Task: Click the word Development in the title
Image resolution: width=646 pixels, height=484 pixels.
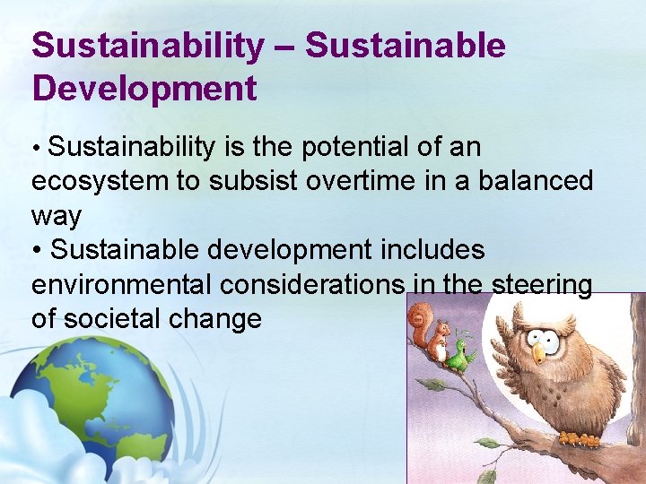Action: (x=144, y=89)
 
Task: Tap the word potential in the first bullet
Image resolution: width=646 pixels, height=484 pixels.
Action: (x=357, y=147)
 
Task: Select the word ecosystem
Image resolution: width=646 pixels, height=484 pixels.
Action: (x=100, y=182)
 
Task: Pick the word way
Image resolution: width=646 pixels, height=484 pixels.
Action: (x=57, y=217)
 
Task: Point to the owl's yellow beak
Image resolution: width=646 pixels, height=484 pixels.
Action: (x=539, y=352)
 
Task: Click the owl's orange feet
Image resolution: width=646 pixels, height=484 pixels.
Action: (x=579, y=438)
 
